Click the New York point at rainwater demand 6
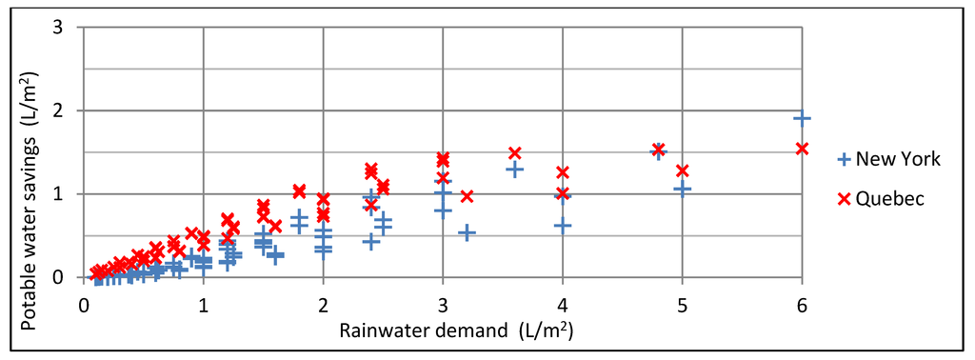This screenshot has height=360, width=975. pos(802,119)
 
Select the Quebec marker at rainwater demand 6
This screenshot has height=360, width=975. pos(802,149)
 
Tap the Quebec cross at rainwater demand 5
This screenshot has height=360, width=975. pos(682,170)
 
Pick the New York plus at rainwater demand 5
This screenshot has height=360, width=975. pos(682,189)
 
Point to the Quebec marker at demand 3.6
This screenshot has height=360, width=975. pos(515,152)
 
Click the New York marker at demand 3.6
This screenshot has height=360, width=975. pos(515,170)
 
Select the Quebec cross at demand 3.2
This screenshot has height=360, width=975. pos(467,196)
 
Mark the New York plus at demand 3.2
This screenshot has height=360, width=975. pos(467,232)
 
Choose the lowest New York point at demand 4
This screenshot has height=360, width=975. pos(563,226)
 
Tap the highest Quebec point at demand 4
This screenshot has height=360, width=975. pos(563,172)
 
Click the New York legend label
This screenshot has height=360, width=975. pos(898,159)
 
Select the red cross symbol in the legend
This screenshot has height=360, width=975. pos(844,198)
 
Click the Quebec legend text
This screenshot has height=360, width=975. pos(889,198)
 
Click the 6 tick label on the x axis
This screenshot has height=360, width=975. pos(802,306)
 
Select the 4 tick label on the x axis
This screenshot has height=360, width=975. pos(563,306)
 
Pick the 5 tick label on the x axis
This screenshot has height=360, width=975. pos(682,306)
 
